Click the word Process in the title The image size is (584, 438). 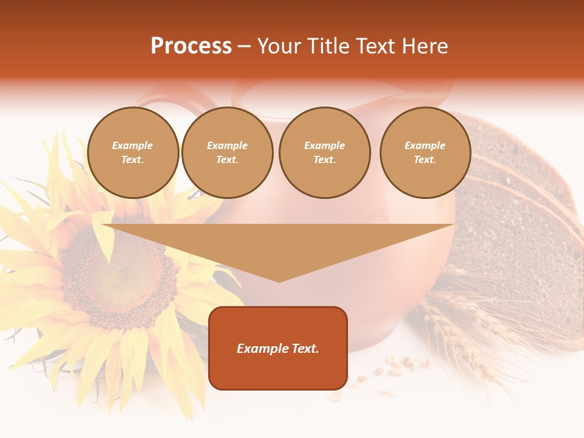(x=191, y=46)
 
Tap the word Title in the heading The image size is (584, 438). (x=327, y=46)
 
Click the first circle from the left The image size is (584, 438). (x=133, y=153)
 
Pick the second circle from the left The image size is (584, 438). (x=228, y=153)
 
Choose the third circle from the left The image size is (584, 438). (x=324, y=153)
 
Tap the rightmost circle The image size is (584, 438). (x=425, y=153)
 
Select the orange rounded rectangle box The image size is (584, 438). (x=278, y=371)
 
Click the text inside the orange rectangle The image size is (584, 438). (x=278, y=349)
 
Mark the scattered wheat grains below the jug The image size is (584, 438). (x=395, y=368)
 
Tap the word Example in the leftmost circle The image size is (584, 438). (x=133, y=145)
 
